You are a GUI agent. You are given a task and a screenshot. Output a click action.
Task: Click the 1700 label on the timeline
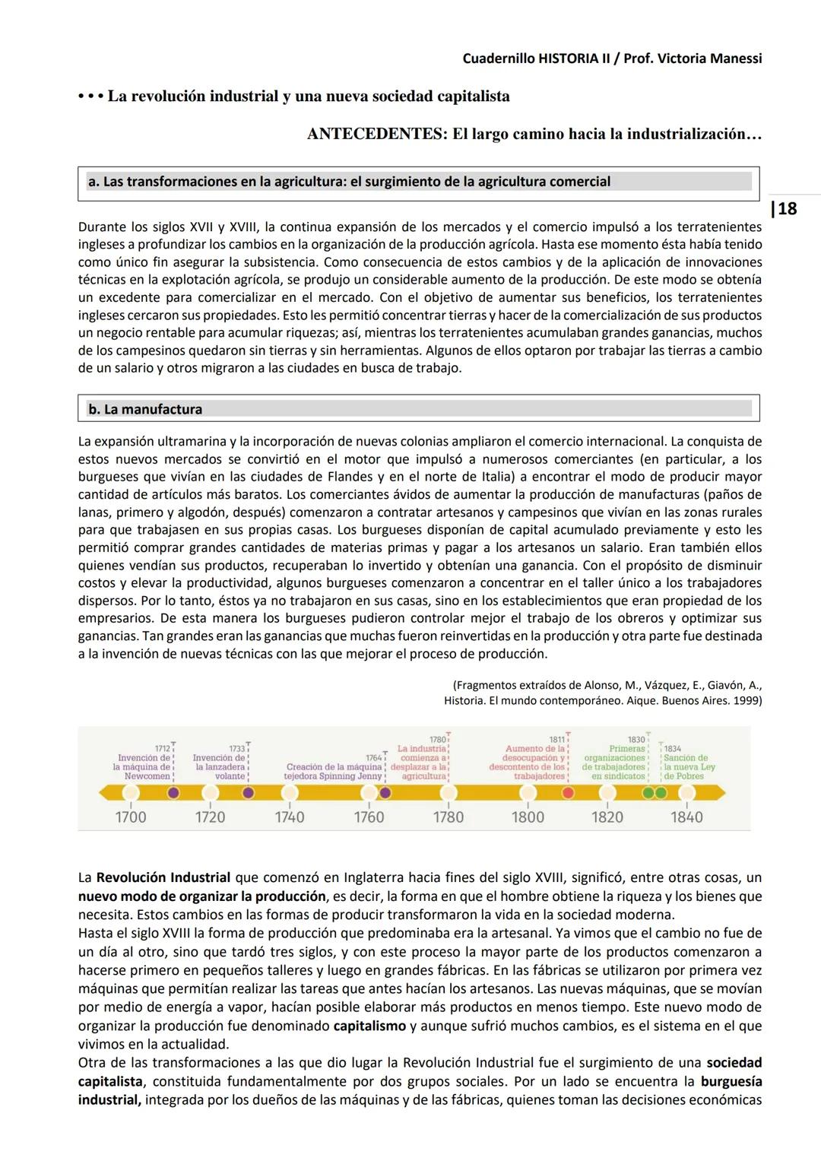click(131, 817)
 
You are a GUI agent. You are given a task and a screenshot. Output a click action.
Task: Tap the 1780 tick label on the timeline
click(449, 817)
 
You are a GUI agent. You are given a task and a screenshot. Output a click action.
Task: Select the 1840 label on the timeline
click(686, 817)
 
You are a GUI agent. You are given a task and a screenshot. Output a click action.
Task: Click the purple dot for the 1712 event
click(173, 793)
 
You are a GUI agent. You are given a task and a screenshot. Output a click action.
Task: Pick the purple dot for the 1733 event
click(248, 793)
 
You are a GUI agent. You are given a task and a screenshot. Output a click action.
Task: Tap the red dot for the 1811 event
click(567, 793)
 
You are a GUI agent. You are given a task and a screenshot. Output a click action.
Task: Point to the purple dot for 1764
click(385, 793)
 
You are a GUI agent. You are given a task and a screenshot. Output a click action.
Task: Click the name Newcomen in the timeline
click(147, 776)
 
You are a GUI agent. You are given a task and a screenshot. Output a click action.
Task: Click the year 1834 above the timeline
click(673, 749)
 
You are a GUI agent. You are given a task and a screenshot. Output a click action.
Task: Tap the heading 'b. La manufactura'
click(145, 409)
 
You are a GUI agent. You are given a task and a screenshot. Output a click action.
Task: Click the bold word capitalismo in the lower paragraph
click(369, 1026)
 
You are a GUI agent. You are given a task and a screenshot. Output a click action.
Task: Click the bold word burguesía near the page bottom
click(731, 1081)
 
